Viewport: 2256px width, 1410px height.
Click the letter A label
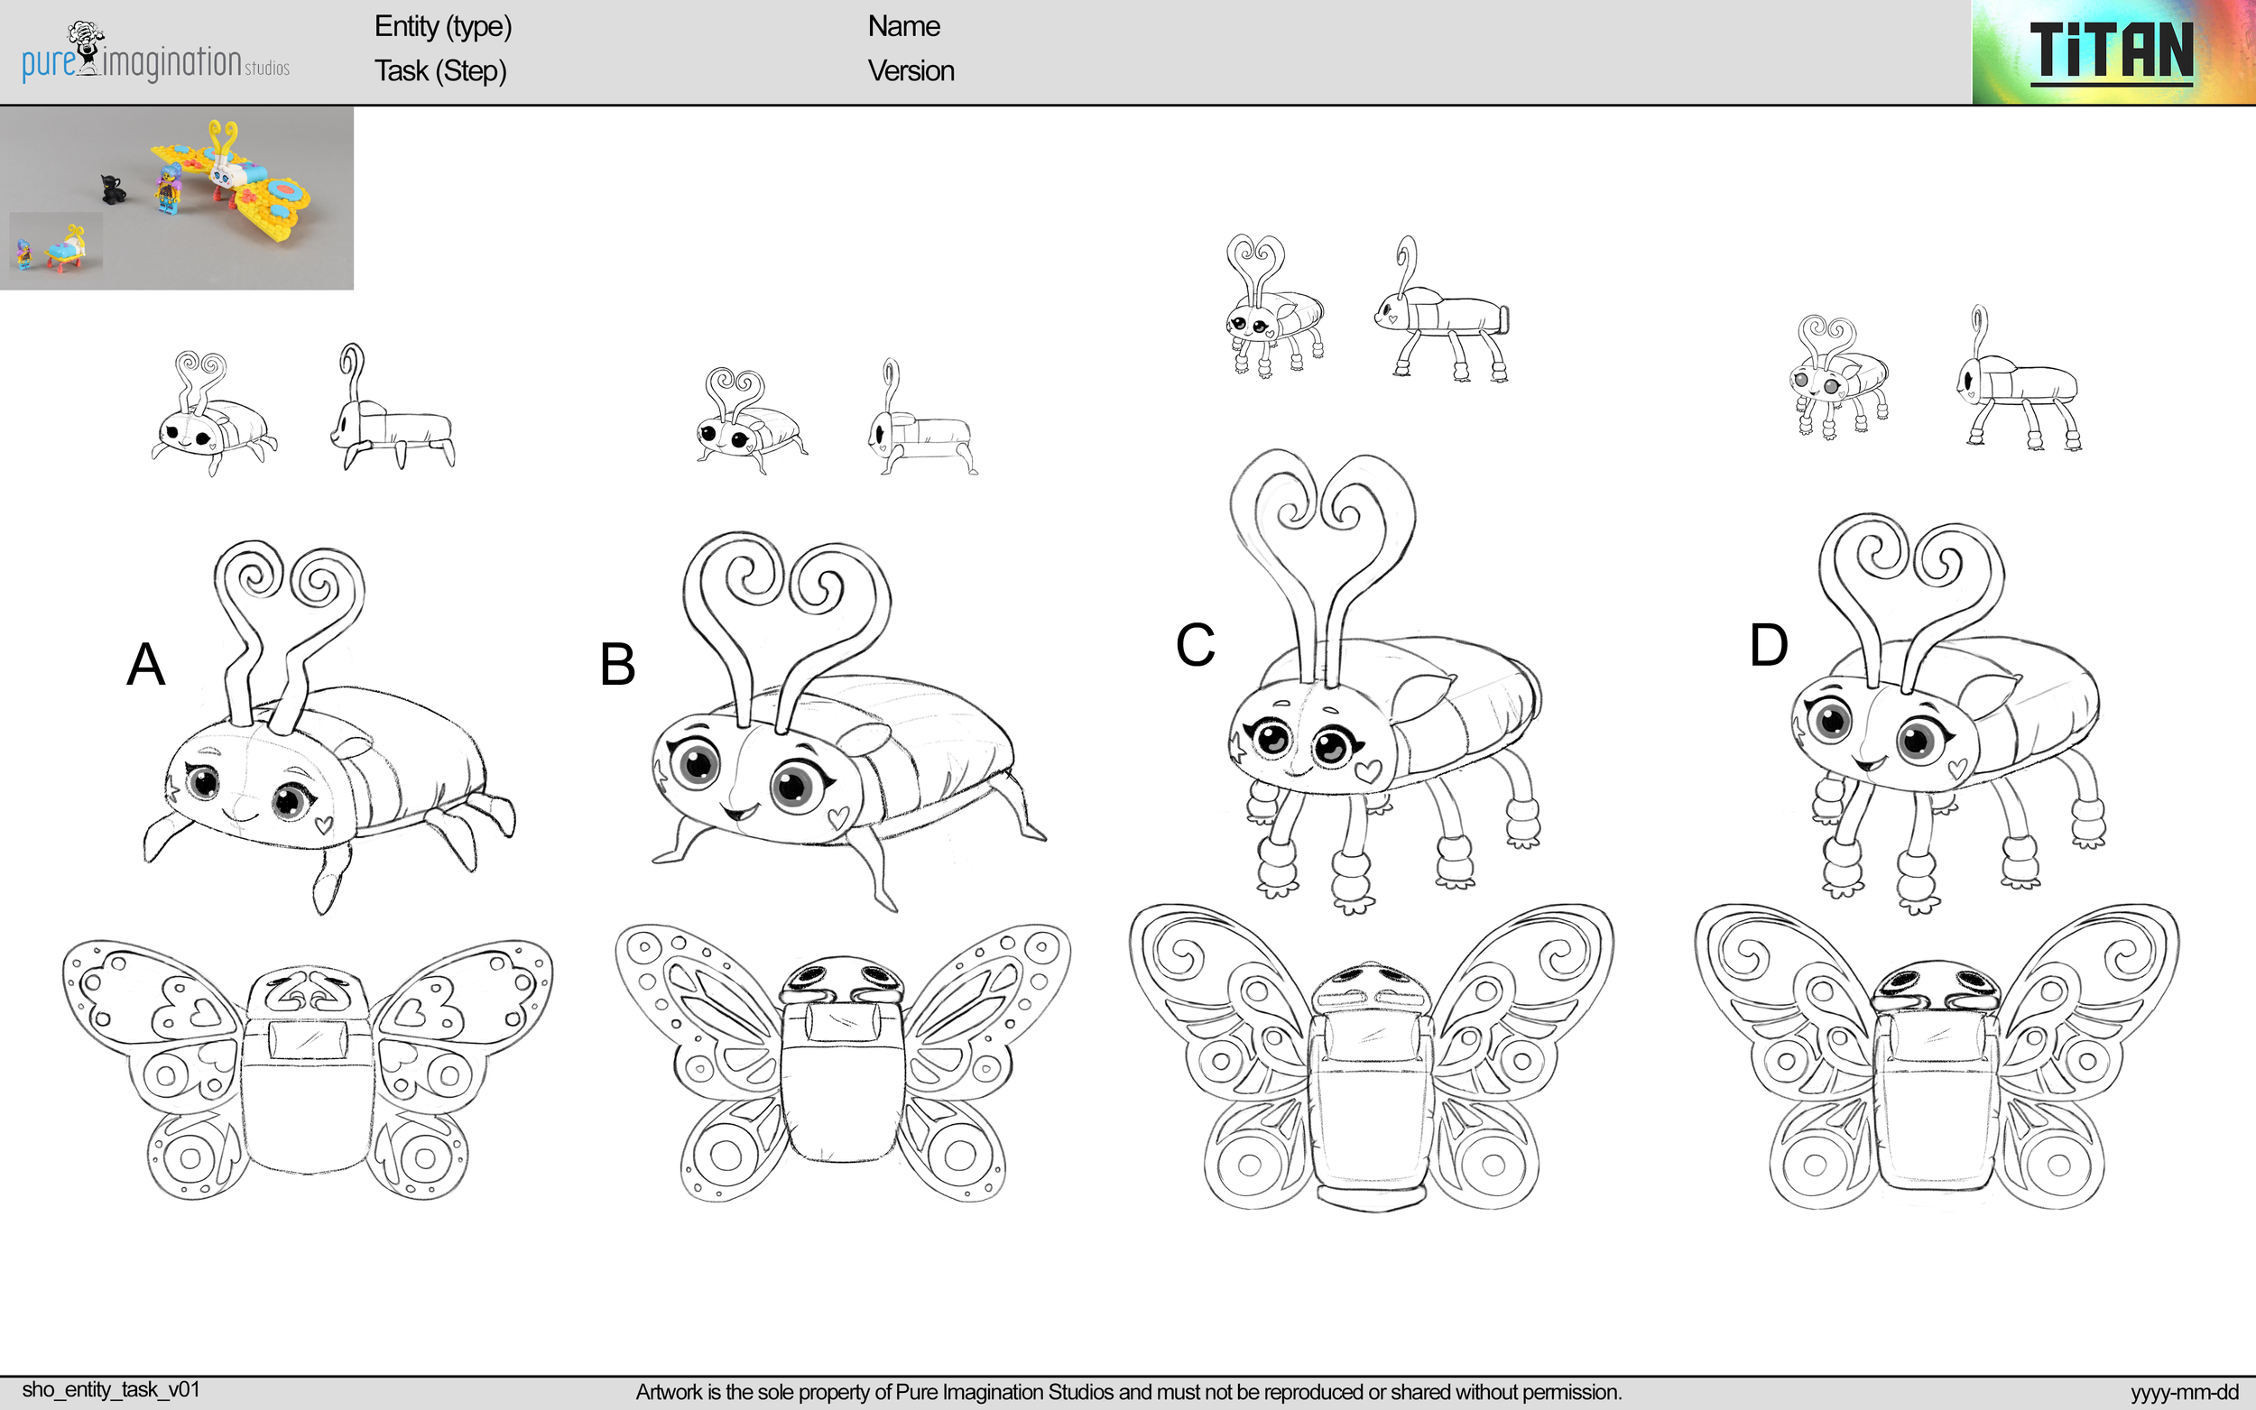(x=145, y=665)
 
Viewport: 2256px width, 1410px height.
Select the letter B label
(x=617, y=665)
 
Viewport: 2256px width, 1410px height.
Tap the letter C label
(x=1195, y=644)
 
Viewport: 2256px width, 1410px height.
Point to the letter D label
(x=1768, y=644)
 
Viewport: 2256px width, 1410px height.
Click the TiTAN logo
(x=2112, y=52)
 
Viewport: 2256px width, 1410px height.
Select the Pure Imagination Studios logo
(x=155, y=52)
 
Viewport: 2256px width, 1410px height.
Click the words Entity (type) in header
(x=443, y=26)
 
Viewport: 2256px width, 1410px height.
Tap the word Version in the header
(x=911, y=71)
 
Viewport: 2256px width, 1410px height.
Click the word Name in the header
(x=902, y=26)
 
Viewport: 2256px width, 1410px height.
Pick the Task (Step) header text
(x=440, y=71)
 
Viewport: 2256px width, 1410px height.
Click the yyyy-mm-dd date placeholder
(x=2184, y=1392)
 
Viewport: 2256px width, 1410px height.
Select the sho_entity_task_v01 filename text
(x=111, y=1389)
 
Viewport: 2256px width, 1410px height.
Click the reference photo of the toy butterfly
(x=176, y=198)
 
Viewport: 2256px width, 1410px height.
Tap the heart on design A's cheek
(x=324, y=825)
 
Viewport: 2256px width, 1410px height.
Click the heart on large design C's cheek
(x=1367, y=771)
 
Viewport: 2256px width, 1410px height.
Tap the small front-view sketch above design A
(x=215, y=414)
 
